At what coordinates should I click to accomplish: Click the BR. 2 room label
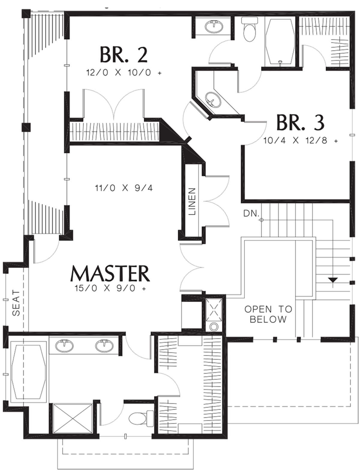pos(124,55)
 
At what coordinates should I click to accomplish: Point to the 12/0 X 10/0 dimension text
pos(124,73)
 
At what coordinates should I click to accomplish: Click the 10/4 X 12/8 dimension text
pos(301,141)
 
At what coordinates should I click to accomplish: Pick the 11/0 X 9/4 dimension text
pos(124,188)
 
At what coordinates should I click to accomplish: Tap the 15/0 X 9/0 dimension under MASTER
pos(110,288)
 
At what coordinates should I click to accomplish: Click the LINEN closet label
pos(192,201)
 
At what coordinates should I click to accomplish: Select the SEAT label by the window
pos(16,303)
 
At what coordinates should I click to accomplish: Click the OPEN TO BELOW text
pos(268,314)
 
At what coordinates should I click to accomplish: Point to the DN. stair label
pos(251,213)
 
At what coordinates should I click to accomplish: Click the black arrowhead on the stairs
pos(333,280)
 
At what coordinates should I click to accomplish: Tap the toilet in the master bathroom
pos(141,419)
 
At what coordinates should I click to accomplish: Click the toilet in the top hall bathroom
pos(249,30)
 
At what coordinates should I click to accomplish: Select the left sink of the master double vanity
pos(64,346)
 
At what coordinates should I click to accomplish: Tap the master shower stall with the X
pos(73,418)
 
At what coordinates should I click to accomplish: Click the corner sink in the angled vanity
pos(213,100)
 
